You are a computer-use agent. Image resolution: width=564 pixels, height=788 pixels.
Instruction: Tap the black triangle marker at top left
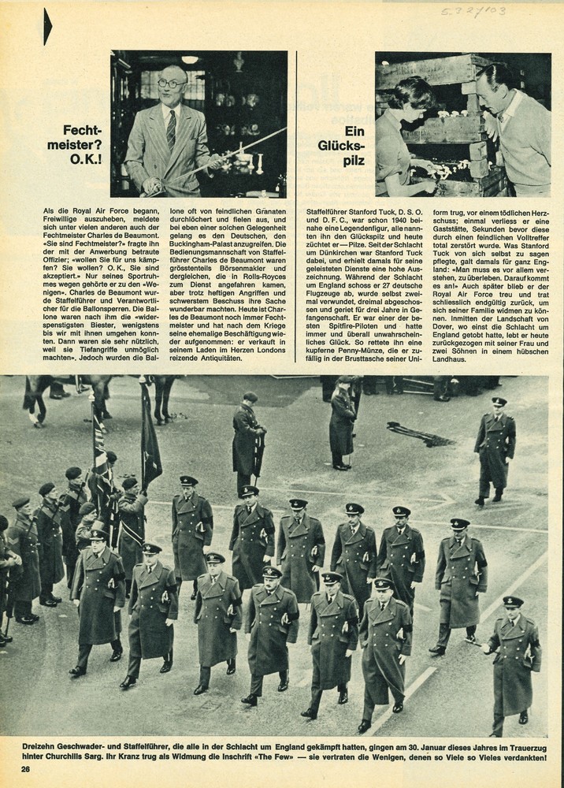48,26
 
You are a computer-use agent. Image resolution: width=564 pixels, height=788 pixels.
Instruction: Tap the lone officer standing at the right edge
495,449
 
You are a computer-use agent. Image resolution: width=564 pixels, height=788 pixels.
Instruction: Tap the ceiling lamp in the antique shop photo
190,59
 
